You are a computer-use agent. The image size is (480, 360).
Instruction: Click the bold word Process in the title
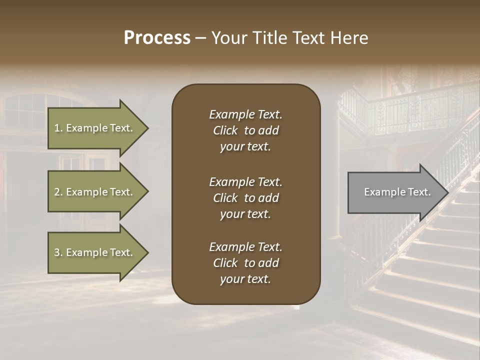[x=157, y=38]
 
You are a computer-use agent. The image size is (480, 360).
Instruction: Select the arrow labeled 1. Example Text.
[x=95, y=128]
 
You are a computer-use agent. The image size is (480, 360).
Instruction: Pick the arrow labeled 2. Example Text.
[x=95, y=192]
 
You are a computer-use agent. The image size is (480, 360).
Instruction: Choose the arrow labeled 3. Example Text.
[x=95, y=252]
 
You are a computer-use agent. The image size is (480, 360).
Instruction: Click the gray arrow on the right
[x=395, y=192]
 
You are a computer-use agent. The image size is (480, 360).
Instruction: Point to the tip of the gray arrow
[x=447, y=192]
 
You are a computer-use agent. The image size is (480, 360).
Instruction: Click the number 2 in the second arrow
[x=57, y=192]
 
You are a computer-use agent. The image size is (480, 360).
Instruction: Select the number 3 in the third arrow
[x=57, y=252]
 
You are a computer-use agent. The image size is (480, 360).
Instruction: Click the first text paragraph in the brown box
[x=245, y=130]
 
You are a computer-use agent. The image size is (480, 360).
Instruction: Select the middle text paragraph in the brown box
[x=245, y=198]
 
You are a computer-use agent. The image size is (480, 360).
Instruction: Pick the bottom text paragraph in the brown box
[x=245, y=263]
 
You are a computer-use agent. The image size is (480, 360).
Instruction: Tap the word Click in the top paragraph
[x=225, y=130]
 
